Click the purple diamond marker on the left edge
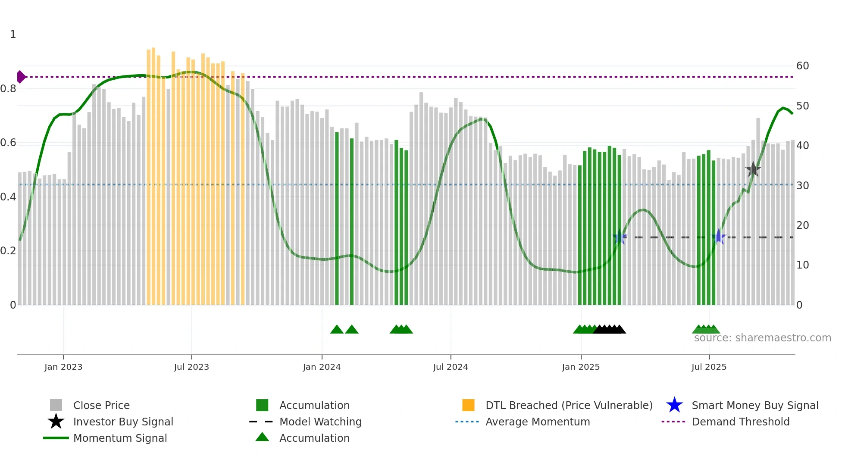[21, 77]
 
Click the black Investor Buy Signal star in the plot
[753, 169]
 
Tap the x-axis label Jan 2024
[322, 367]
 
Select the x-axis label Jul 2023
[191, 367]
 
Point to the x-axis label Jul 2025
[709, 367]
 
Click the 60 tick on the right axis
[802, 66]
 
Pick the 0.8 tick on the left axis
[9, 89]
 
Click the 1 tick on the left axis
[13, 34]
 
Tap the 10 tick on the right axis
[802, 265]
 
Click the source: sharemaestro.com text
[762, 338]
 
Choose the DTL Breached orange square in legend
[468, 405]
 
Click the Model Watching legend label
[320, 422]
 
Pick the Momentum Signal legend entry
[120, 438]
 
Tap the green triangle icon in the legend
[262, 437]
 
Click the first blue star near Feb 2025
[620, 237]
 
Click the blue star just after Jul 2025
[719, 237]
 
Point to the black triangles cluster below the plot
[609, 329]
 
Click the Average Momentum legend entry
[537, 422]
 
